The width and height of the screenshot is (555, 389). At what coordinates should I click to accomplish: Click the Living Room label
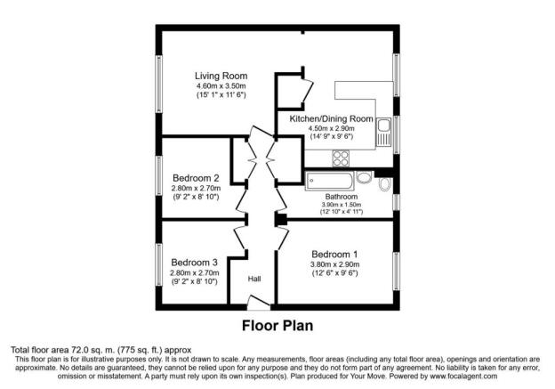click(221, 76)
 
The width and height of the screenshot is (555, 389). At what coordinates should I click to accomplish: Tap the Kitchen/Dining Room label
click(331, 118)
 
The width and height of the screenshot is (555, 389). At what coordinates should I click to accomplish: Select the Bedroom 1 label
click(334, 255)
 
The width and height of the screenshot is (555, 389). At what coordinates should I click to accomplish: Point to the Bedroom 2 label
click(196, 178)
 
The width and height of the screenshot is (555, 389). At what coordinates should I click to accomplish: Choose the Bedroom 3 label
click(194, 263)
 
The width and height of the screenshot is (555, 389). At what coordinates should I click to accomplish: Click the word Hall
click(254, 279)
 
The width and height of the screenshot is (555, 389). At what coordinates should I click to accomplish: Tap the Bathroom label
click(342, 196)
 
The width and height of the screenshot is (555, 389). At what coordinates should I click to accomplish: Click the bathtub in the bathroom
click(329, 181)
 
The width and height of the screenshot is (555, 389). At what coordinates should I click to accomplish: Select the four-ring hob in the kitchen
click(341, 158)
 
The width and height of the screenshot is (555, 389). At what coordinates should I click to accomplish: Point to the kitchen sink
click(383, 132)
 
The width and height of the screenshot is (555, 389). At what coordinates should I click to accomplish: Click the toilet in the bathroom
click(385, 184)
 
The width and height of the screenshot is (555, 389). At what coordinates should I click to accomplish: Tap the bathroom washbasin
click(364, 177)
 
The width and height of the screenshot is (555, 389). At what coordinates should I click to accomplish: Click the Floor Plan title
click(277, 326)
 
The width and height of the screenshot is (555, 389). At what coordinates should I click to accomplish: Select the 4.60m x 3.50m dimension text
click(221, 86)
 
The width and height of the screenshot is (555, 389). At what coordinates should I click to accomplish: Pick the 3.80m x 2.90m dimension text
click(334, 264)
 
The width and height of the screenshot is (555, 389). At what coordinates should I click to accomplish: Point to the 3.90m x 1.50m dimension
click(342, 205)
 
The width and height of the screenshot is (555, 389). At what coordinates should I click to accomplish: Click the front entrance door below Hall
click(259, 303)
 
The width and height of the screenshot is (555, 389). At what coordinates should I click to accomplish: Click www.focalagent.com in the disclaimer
click(463, 376)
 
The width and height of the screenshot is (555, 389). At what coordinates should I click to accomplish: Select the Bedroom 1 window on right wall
click(397, 271)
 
